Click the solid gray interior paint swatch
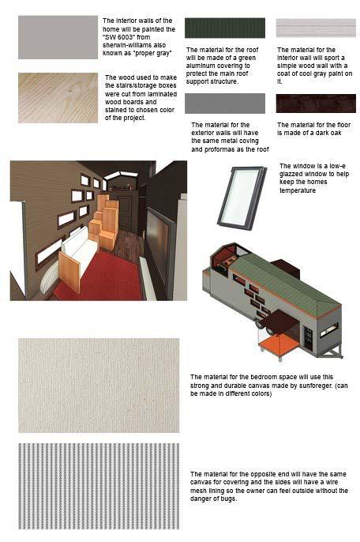pos(58,37)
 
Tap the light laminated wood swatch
pos(58,98)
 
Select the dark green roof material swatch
pos(225,28)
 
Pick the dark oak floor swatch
pos(316,104)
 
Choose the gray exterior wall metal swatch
pos(225,104)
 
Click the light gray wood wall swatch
pos(316,28)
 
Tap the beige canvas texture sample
pos(99,386)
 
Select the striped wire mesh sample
pos(99,487)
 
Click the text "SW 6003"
pos(118,37)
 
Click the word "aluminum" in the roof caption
pos(201,66)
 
